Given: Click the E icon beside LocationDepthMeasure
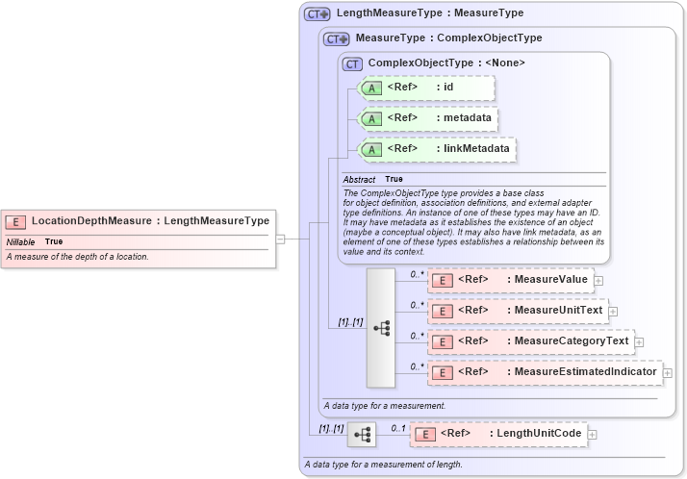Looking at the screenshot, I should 16,221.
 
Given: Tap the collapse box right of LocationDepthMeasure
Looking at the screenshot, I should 280,239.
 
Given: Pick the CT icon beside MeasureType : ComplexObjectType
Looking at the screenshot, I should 337,38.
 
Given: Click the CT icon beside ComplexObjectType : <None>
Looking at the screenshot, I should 353,63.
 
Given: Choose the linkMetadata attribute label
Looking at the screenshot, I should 476,149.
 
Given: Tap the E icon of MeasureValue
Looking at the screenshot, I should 442,280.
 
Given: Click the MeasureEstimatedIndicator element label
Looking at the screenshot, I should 581,372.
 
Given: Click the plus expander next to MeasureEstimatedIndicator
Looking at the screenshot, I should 667,372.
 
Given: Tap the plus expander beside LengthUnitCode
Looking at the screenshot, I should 593,434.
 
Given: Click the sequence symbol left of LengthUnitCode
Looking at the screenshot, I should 362,435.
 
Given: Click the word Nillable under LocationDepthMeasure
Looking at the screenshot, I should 20,241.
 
